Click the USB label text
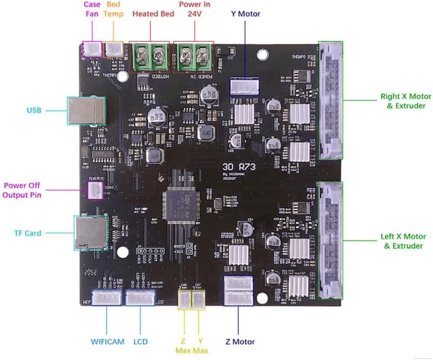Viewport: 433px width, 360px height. pos(34,111)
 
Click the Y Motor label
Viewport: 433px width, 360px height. pos(246,14)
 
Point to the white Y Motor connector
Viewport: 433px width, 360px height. pos(245,86)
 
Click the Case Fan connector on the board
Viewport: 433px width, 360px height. pos(93,49)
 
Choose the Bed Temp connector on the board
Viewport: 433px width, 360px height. pos(114,49)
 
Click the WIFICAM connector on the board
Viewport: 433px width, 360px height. pos(107,298)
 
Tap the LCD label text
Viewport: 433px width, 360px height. pos(141,342)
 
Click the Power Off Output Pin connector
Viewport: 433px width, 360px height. pos(95,190)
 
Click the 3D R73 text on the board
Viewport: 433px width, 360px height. pos(237,165)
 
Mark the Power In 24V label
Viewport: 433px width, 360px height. pos(193,10)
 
